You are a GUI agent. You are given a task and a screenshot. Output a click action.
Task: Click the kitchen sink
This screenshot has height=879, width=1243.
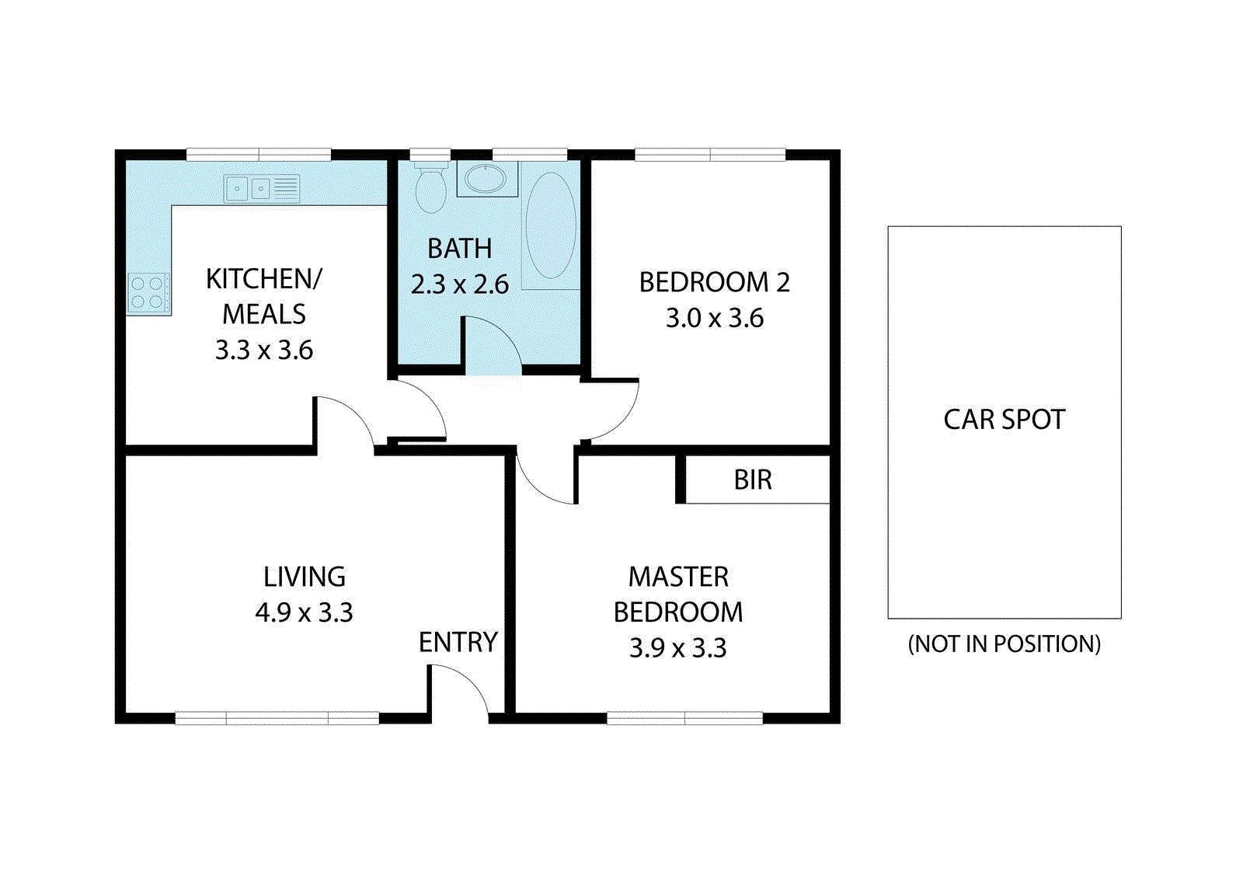[261, 189]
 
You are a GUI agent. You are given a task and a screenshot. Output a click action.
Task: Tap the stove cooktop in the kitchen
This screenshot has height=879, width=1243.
[148, 293]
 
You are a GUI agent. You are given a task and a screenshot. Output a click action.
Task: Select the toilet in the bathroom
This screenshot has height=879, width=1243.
[431, 187]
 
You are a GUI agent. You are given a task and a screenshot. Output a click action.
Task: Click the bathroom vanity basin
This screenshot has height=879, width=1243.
[486, 178]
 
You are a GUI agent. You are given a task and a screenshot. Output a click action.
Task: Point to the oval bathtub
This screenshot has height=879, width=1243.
[551, 225]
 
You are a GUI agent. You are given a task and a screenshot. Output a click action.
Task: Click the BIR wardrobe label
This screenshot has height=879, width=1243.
[753, 480]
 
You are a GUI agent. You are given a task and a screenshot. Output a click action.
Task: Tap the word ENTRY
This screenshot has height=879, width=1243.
[458, 643]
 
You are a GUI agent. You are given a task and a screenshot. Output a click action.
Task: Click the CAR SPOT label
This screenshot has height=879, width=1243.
[1004, 420]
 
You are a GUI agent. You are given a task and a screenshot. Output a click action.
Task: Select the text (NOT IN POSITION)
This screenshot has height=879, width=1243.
[1004, 644]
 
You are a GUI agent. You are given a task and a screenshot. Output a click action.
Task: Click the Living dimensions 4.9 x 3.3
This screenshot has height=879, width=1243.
[304, 613]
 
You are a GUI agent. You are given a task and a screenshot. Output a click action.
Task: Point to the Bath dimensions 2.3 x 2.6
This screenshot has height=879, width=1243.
[459, 284]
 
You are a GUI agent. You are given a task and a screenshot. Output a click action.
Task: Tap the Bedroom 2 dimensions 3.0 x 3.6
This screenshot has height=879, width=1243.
[715, 319]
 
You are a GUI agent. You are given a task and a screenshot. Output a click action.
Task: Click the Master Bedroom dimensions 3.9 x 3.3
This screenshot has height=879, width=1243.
[678, 648]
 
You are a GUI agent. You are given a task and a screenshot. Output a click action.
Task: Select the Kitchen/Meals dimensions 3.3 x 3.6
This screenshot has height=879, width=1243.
[264, 351]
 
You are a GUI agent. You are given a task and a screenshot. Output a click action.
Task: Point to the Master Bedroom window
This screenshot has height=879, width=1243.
[684, 718]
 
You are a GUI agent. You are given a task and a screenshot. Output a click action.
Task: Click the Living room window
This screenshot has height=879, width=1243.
[277, 718]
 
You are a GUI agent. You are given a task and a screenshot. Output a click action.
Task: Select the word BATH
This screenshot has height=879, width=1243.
[459, 249]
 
